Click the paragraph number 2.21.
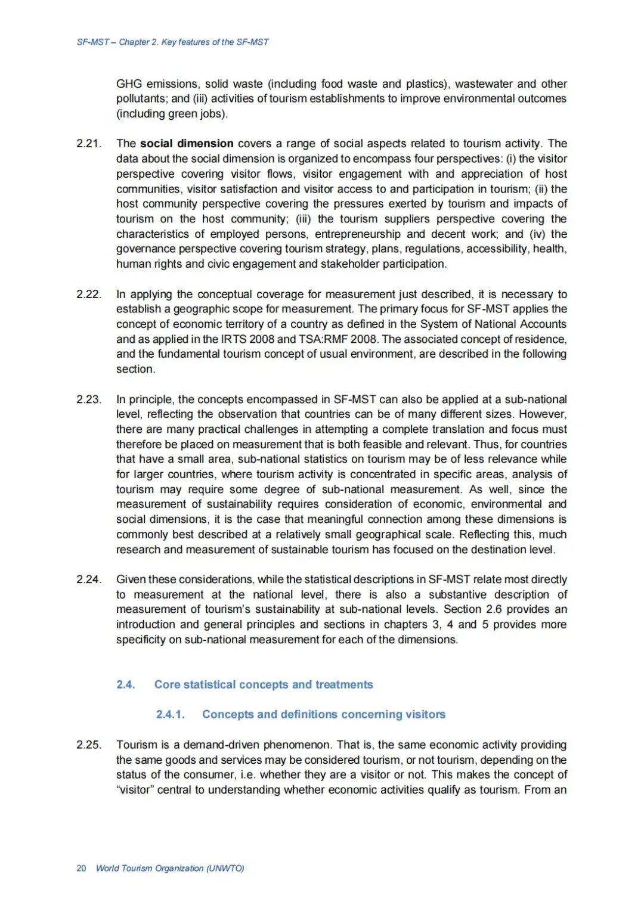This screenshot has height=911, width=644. click(89, 144)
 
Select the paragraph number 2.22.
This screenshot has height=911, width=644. click(89, 295)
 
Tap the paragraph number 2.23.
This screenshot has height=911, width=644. click(89, 399)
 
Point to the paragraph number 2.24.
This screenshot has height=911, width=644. click(89, 580)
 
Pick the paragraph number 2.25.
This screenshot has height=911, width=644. click(89, 745)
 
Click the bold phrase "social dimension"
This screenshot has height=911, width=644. click(187, 144)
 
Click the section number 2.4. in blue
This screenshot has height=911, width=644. click(126, 684)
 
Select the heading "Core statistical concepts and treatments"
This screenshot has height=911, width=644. click(264, 684)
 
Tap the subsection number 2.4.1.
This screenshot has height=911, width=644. click(171, 714)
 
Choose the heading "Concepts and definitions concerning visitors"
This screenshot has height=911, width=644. click(324, 714)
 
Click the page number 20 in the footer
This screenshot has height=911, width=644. click(81, 868)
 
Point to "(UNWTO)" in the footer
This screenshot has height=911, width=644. click(225, 868)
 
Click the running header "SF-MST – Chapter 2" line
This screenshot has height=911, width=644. click(173, 42)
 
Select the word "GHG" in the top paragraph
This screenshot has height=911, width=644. click(128, 84)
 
